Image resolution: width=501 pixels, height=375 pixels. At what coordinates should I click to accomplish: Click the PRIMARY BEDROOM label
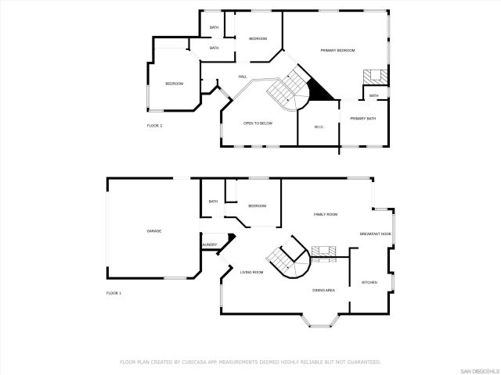(337, 50)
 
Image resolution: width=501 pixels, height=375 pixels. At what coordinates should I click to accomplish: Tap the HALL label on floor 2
(243, 77)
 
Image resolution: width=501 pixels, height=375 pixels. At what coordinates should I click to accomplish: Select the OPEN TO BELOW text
(258, 123)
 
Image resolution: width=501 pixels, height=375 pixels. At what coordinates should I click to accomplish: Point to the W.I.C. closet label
(319, 127)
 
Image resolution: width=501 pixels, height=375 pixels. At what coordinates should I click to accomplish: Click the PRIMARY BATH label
(362, 118)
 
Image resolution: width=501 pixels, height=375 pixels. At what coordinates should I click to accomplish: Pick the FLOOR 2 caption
(154, 126)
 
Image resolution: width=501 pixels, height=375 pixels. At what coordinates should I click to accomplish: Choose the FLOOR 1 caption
(114, 293)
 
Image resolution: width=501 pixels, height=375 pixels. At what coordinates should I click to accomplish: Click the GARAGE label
(153, 230)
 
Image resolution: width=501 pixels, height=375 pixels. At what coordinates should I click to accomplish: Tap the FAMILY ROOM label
(325, 214)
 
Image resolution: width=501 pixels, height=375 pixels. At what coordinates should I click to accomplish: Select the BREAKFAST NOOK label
(375, 234)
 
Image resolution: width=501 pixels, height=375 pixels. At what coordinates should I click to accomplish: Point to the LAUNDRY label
(209, 245)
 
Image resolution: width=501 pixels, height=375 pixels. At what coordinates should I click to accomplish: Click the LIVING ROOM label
(251, 272)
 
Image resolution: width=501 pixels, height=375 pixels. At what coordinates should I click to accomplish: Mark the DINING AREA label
(324, 290)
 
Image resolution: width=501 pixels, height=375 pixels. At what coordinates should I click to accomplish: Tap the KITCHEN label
(369, 282)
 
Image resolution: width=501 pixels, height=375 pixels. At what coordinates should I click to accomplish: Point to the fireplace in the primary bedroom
(373, 77)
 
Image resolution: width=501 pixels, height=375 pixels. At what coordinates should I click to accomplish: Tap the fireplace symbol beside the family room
(323, 251)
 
